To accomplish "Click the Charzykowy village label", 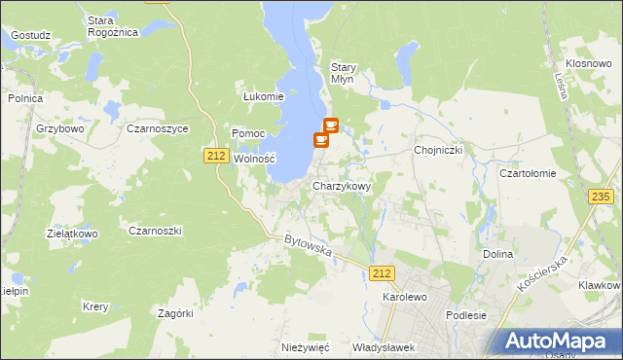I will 341,185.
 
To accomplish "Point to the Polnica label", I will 25,97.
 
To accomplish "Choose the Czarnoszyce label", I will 157,127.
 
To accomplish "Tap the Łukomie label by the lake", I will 263,96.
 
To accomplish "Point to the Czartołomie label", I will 527,173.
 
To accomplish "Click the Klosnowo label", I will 587,62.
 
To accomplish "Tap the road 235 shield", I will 601,197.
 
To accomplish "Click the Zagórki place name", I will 176,312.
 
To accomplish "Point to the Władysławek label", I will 384,346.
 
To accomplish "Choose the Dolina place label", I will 497,254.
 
